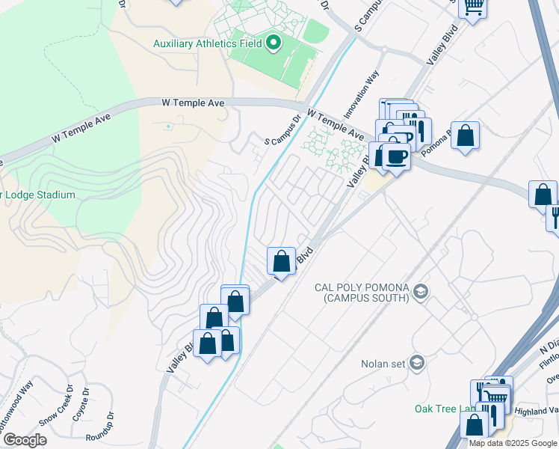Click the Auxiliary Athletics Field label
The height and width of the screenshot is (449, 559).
point(208,43)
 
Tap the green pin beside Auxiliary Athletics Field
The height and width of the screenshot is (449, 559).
point(273,43)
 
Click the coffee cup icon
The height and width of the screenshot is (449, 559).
point(397,156)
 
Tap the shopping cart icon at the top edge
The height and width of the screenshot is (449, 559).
point(472,7)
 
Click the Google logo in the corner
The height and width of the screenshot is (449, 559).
point(25,439)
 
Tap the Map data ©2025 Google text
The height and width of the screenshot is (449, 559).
point(513,443)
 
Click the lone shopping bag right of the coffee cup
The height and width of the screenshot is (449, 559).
point(465,136)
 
